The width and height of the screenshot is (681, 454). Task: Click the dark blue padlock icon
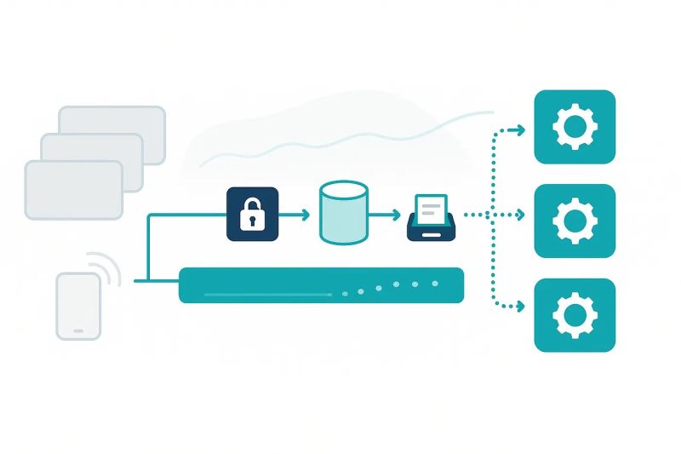(252, 213)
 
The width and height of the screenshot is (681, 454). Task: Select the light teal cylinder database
(343, 212)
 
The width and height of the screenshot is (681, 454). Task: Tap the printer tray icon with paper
(432, 217)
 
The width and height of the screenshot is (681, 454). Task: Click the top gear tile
(575, 126)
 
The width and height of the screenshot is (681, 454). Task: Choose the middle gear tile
(575, 221)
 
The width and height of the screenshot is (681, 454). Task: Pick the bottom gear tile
(575, 315)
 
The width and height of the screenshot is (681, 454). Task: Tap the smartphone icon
(78, 306)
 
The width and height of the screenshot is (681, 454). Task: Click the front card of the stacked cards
(74, 190)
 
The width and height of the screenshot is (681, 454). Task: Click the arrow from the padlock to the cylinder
(294, 215)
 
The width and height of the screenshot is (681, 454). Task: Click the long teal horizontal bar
(321, 285)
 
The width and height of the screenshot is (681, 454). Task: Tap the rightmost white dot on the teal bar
(435, 283)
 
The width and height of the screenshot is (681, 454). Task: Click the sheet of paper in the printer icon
(432, 205)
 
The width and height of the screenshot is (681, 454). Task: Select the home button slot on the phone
(78, 330)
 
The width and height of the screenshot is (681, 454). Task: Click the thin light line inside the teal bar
(267, 295)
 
